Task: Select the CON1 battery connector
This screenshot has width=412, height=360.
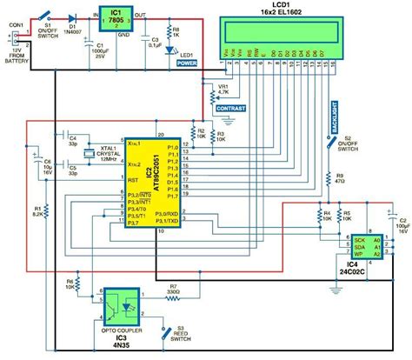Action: pyautogui.click(x=15, y=43)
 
